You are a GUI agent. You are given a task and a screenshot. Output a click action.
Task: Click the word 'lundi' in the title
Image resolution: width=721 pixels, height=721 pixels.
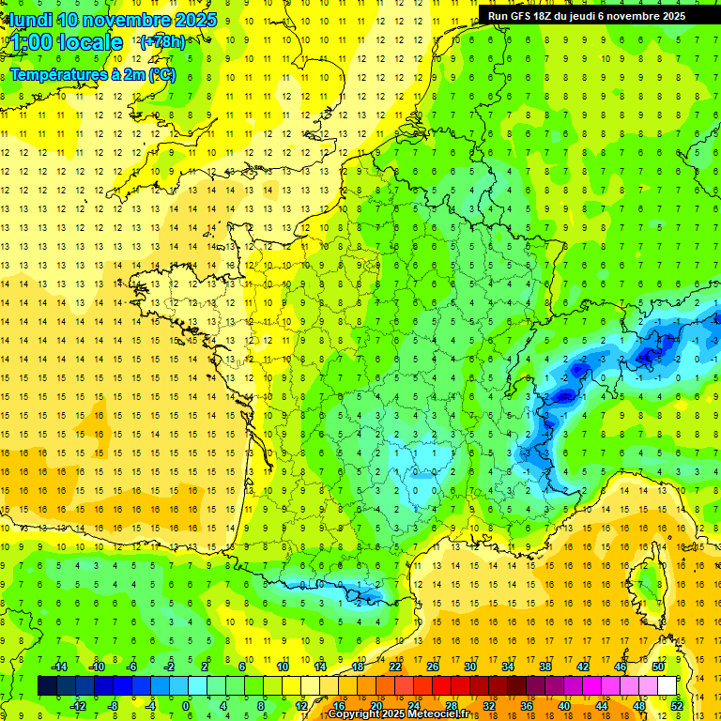[x=30, y=20]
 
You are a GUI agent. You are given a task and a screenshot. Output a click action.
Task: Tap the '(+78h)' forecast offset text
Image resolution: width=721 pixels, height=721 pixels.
[x=162, y=41]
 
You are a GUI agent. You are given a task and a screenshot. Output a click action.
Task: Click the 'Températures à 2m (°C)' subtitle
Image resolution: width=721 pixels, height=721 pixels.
[x=92, y=74]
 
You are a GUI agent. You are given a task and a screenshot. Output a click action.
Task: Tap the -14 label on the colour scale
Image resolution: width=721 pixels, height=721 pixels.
[x=58, y=667]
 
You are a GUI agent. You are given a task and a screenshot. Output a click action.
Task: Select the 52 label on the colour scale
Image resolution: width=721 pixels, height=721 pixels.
[x=676, y=705]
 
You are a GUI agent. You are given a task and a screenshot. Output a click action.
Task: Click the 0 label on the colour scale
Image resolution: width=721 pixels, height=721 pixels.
[x=186, y=705]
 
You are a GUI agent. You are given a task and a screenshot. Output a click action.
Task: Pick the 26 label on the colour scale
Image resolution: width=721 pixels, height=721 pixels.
[x=432, y=667]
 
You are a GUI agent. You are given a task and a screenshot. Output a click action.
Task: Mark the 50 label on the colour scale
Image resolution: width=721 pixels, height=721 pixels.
[x=657, y=667]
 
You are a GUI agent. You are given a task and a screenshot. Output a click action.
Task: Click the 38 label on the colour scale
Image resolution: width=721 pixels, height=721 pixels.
[x=545, y=667]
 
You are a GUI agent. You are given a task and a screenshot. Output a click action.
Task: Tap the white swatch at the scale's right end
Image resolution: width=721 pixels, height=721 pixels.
[x=667, y=686]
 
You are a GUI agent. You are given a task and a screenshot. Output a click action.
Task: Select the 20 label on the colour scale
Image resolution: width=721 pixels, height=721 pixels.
[x=376, y=705]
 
